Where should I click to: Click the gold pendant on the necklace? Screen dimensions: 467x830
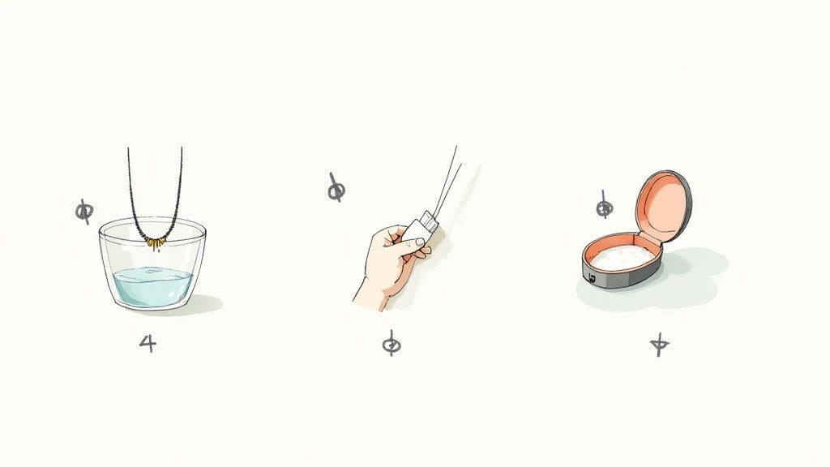coord(154,241)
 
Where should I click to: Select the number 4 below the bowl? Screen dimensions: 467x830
coord(147,343)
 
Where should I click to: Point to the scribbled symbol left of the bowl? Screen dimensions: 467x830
coord(83,212)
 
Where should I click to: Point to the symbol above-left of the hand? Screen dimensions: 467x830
coord(335,190)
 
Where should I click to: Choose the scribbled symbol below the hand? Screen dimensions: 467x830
coord(391,344)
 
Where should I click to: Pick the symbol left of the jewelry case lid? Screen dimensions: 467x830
coord(604,208)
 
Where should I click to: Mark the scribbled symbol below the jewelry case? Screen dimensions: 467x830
coord(660,346)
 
